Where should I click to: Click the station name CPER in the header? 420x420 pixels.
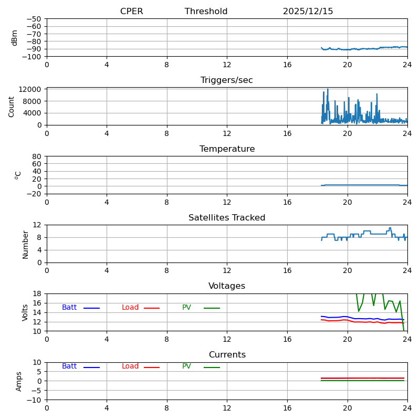pos(131,12)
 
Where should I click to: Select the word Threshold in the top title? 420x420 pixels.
pos(206,12)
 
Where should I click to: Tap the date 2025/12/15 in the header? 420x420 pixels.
pos(308,12)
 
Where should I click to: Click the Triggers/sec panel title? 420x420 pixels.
pos(226,80)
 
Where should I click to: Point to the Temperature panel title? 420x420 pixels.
pos(227,149)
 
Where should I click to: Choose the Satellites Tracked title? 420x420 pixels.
pos(227,218)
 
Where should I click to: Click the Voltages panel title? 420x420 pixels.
pos(227,286)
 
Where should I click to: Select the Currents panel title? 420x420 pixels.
pos(227,355)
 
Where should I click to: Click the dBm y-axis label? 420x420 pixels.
pos(15,37)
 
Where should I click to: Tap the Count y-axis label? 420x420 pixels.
pos(12,106)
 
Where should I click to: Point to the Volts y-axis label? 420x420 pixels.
pos(25,312)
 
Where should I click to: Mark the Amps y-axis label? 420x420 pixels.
pos(19,381)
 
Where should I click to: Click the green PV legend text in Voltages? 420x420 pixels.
pos(186,308)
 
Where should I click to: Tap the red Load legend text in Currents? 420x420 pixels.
pos(130,366)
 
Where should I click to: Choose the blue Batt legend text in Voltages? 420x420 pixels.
pos(69,308)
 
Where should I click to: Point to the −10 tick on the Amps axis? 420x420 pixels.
pos(35,400)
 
